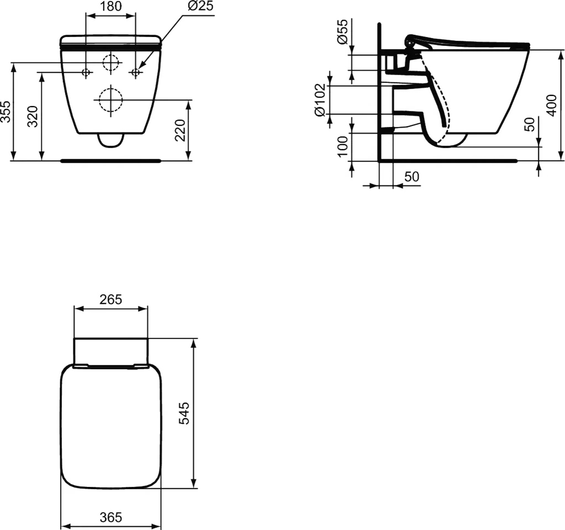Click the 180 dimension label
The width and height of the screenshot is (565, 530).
[110, 6]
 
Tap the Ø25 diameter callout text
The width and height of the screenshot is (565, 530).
[200, 6]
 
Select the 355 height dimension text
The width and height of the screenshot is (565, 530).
[6, 112]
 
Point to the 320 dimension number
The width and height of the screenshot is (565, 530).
[33, 116]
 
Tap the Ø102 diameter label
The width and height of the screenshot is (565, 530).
[320, 100]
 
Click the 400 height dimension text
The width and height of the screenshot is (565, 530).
[551, 105]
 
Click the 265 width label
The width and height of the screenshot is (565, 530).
[110, 299]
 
